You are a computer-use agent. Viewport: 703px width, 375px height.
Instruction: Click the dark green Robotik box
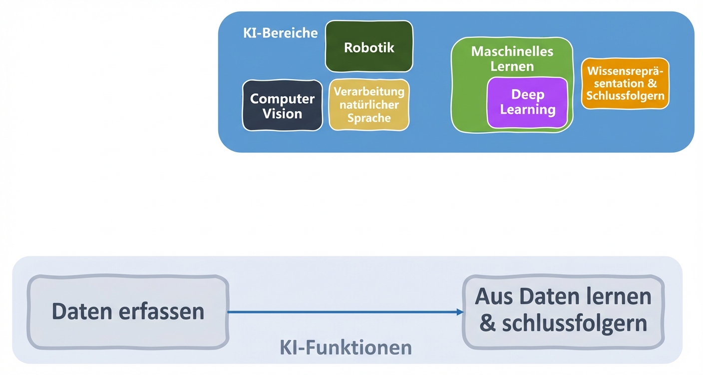tap(369, 46)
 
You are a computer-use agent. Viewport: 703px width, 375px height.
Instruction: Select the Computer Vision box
tap(282, 106)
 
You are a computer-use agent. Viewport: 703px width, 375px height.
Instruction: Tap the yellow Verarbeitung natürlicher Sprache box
tap(369, 105)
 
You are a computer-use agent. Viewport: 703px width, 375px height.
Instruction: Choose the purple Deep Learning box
tap(527, 102)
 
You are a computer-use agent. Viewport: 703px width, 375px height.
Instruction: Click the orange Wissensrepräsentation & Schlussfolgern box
tap(625, 84)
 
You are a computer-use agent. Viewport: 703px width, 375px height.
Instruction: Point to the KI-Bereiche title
tap(280, 33)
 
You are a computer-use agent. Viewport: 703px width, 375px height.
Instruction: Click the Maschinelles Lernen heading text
tap(512, 58)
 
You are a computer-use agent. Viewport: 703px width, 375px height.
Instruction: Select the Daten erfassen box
tap(128, 312)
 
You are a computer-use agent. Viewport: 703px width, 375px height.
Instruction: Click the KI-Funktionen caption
tap(346, 347)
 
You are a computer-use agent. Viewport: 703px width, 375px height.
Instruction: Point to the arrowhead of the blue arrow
tap(460, 312)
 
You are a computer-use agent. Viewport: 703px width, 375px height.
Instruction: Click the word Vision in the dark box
tap(282, 114)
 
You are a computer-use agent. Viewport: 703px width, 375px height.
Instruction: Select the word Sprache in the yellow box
tap(369, 118)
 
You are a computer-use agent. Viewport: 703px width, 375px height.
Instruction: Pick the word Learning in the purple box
tap(527, 109)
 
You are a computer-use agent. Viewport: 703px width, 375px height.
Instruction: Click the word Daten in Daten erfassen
tap(83, 312)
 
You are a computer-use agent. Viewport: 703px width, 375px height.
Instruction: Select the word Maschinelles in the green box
tap(512, 51)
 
